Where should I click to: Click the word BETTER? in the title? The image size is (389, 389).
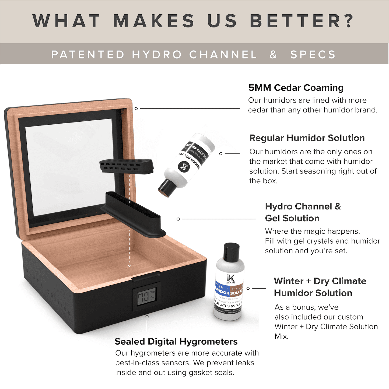coord(302,21)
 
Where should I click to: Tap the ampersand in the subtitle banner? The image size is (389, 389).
coord(274,55)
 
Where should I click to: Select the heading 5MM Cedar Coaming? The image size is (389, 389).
coord(296,88)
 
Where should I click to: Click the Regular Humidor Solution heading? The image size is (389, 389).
coord(307,138)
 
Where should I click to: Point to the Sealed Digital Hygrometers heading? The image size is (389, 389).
coord(176,341)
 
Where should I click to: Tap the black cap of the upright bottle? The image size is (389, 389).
coord(232,251)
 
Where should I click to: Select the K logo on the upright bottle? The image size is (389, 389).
coord(231,278)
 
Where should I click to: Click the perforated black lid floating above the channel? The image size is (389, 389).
coord(126,166)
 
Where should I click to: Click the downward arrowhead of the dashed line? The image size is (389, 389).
coord(129,266)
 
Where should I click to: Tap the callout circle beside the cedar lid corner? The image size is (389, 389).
coord(136,108)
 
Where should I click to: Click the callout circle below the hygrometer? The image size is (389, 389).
coord(147,317)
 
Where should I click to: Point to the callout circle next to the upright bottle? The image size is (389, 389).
coord(248,288)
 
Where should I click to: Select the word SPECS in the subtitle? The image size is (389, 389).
coord(313,55)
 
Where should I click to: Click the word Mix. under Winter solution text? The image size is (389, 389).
coord(281,336)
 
